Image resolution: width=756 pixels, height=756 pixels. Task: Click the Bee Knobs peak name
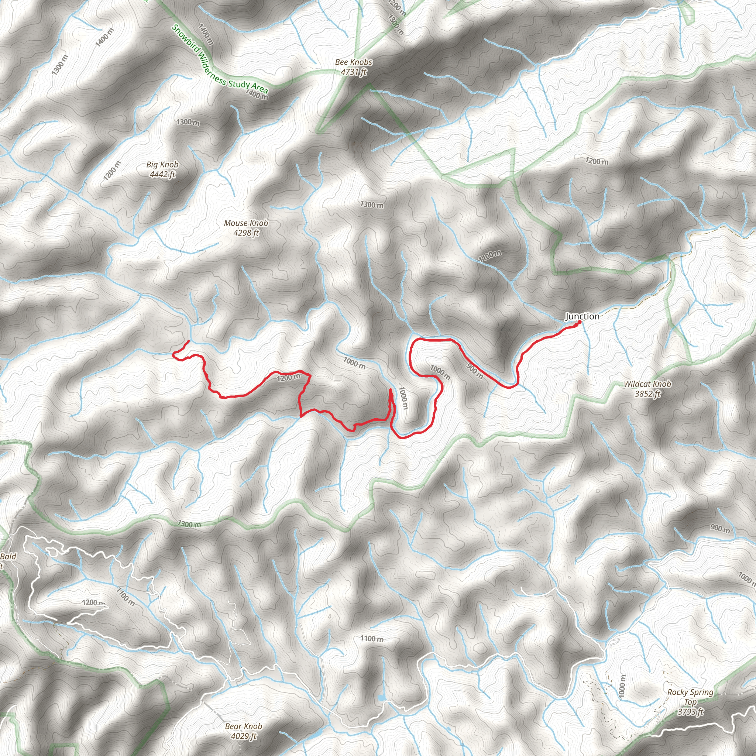(353, 62)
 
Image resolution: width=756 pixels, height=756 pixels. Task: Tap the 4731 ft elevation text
(353, 72)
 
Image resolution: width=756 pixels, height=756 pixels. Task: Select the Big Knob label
(162, 164)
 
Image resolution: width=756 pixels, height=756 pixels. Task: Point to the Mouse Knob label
(246, 223)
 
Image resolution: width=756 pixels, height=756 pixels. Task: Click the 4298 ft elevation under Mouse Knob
(246, 233)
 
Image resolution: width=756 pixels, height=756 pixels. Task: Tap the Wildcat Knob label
(647, 384)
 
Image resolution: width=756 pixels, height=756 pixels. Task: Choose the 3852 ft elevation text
(647, 394)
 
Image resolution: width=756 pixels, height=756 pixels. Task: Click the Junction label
(582, 316)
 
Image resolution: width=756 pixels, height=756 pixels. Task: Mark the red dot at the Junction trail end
(579, 322)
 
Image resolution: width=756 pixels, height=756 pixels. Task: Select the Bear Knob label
(243, 726)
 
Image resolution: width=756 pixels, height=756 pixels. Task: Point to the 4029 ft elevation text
(243, 736)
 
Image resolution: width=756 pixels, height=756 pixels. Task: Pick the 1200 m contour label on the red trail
(288, 378)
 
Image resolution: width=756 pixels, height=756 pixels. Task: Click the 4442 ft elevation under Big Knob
(162, 174)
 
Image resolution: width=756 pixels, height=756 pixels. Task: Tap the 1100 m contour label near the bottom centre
(371, 639)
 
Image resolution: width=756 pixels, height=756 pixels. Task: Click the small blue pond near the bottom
(382, 698)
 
